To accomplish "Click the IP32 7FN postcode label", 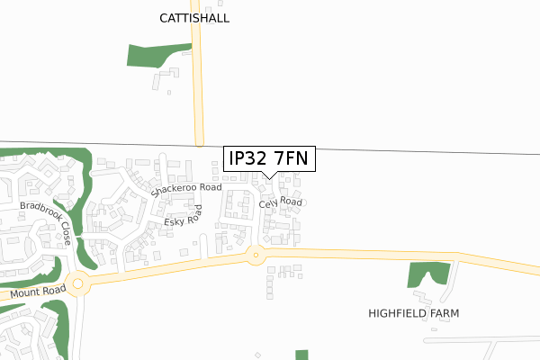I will [x=269, y=158].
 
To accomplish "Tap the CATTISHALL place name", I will [x=194, y=18].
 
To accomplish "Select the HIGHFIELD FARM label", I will [x=414, y=313].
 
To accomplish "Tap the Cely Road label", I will [x=280, y=203].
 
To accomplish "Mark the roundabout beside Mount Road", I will [x=78, y=284].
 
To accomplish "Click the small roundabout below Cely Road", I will [x=256, y=256].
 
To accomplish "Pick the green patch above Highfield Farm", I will [x=427, y=274].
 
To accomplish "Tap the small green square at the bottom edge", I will [x=301, y=355].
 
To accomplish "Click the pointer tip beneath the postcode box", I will [x=269, y=176].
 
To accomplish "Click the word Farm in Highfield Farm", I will [x=443, y=313].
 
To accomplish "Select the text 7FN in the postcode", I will [x=291, y=158].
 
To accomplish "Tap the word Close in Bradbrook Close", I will [x=66, y=236].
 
